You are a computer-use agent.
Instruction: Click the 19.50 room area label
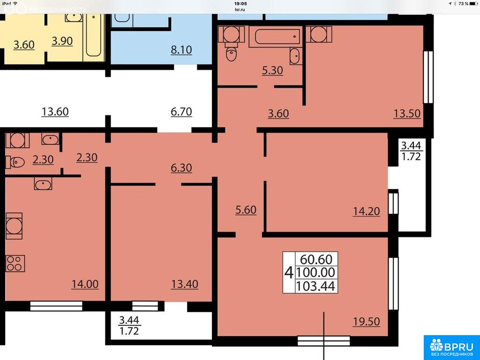pos(367,322)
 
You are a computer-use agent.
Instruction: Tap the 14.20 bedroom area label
pos(367,211)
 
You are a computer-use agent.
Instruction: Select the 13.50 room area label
pos(407,113)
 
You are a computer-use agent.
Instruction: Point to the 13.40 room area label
pos(185,284)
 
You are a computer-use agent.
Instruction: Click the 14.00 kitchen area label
pos(85,284)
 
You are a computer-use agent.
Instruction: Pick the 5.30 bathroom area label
pos(272,70)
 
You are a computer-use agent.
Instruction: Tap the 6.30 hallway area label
pos(181,168)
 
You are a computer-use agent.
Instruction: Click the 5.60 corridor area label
pos(246,210)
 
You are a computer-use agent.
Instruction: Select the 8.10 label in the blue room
pos(181,50)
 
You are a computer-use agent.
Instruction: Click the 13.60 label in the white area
pos(55,112)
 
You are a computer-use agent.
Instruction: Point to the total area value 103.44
pos(316,286)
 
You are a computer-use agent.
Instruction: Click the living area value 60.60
pos(316,259)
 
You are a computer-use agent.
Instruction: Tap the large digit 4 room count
pos(289,272)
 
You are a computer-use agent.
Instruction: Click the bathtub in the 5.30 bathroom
pos(276,37)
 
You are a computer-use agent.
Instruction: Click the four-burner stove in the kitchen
pos(15,263)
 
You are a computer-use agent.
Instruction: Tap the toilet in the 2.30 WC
pos(15,162)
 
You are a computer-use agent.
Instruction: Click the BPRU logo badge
pos(452,348)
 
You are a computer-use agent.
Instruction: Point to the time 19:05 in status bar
pos(240,4)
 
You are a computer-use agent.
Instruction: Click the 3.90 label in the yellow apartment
pos(62,41)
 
